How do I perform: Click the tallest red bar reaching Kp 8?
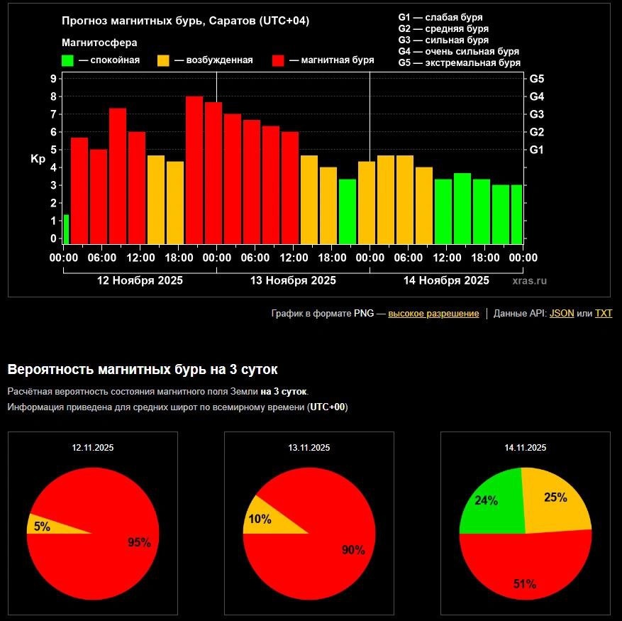194,170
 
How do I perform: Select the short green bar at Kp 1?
66,229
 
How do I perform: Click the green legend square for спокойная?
67,60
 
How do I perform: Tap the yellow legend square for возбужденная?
163,60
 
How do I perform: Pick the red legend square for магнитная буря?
278,60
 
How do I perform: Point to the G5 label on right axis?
537,79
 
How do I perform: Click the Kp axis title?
38,159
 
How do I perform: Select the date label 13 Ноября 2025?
293,280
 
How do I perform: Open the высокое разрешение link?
433,313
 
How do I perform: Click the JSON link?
562,313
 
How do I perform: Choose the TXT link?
604,313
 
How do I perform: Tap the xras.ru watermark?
529,281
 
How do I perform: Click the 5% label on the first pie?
42,527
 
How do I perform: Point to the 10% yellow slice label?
260,519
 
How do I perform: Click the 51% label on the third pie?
524,584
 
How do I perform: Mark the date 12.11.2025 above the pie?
92,448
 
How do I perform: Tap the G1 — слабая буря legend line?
440,18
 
